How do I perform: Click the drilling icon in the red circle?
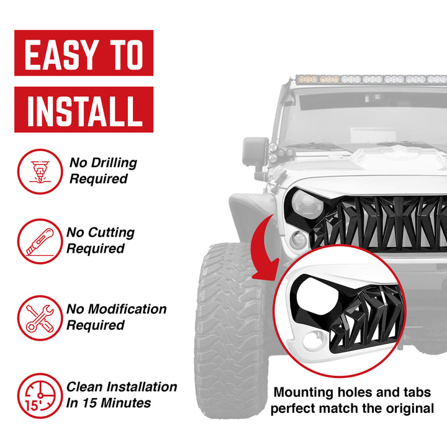(40, 171)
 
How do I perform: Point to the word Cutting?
(111, 233)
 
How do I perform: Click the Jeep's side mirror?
(255, 152)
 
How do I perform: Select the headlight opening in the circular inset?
(308, 297)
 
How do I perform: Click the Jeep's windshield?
(366, 118)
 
